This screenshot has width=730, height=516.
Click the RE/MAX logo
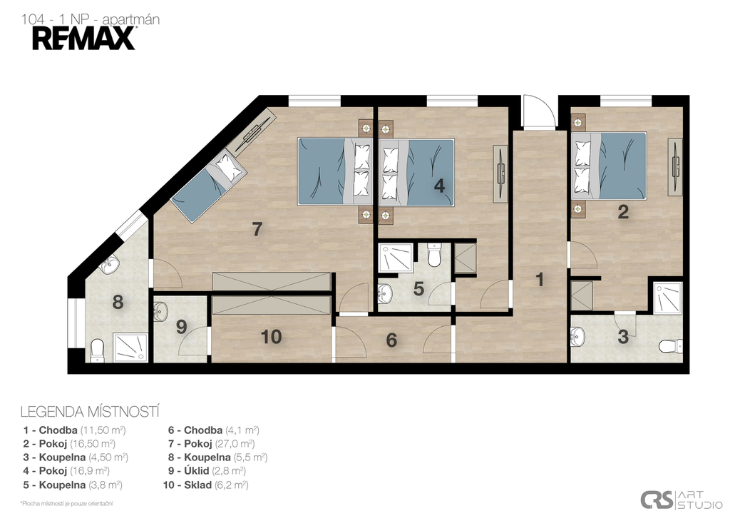84,39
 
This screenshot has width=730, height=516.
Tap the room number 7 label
257,229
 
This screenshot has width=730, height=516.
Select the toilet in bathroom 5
434,255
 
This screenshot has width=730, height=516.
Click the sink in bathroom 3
577,337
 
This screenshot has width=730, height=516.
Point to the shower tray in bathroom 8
131,348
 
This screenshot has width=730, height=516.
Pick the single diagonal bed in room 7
208,185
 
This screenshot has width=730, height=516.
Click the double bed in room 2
609,166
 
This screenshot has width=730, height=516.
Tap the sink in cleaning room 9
160,311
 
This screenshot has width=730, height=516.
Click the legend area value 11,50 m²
103,430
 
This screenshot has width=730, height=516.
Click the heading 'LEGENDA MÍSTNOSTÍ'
91,412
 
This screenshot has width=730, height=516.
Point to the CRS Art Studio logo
681,500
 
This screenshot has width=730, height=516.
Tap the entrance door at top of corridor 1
539,112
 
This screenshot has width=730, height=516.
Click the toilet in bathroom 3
670,346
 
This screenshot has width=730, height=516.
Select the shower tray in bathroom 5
396,258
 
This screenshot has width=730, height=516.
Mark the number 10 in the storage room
271,337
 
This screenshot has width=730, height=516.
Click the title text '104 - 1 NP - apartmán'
91,19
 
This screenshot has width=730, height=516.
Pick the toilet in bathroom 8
97,350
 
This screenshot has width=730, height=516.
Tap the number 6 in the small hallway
391,340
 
